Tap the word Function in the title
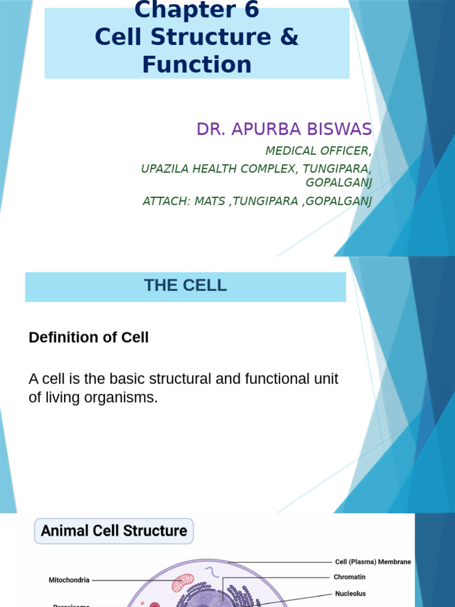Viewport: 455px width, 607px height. (x=197, y=64)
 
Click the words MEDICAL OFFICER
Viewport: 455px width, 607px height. (x=318, y=150)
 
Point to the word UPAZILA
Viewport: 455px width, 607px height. (x=164, y=169)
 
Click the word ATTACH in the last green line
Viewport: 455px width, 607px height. (x=162, y=201)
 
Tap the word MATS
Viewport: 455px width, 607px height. (x=212, y=201)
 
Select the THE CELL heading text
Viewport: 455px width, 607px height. (x=185, y=285)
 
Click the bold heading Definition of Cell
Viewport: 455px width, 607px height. (x=88, y=337)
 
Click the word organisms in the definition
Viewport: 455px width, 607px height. (x=121, y=398)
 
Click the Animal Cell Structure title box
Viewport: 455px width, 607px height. (x=114, y=531)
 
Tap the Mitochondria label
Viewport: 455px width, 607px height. (x=69, y=580)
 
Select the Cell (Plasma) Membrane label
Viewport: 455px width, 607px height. (x=373, y=562)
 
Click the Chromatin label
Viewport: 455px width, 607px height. (x=350, y=577)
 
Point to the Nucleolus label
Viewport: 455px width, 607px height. (x=350, y=593)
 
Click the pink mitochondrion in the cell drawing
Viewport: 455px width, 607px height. (x=182, y=582)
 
